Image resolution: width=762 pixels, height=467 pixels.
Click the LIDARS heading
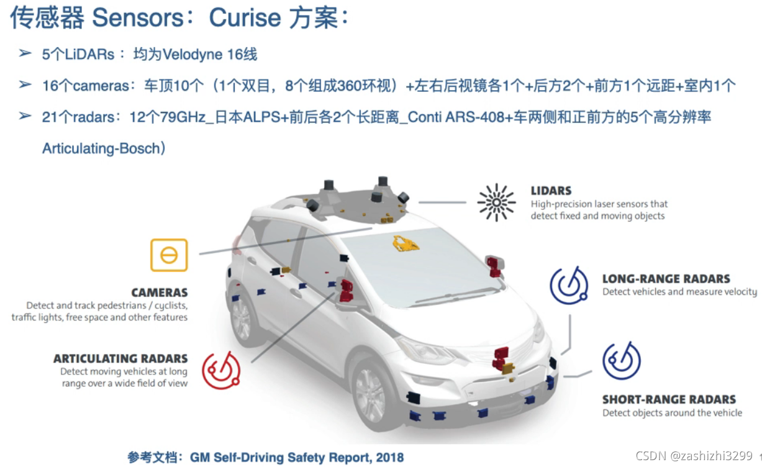(551, 191)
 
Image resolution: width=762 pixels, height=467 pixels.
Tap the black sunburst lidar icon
(496, 202)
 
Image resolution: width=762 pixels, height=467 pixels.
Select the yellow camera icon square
(169, 255)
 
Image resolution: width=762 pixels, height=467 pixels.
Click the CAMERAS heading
(159, 292)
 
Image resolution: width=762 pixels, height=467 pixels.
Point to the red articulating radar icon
(221, 371)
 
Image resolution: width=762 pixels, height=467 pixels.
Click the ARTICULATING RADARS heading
(120, 358)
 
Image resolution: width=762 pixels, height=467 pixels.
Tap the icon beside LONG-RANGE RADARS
(569, 286)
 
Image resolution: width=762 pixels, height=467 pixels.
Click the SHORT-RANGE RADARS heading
(669, 399)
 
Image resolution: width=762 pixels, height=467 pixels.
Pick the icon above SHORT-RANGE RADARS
(621, 361)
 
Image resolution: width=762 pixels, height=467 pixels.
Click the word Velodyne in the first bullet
(193, 55)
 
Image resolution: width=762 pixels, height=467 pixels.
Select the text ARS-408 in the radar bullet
(476, 117)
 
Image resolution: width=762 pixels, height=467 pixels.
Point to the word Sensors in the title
(138, 18)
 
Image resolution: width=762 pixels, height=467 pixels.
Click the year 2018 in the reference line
(389, 458)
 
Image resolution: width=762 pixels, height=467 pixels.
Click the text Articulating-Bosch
(101, 149)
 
